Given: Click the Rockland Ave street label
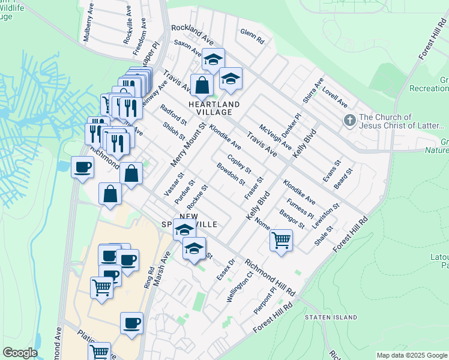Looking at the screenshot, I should click(x=193, y=33).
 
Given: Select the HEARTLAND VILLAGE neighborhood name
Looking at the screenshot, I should click(x=214, y=108).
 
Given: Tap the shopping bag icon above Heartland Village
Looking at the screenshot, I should click(x=202, y=85).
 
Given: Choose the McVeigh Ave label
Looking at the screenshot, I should click(x=276, y=137).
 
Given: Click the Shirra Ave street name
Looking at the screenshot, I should click(x=313, y=90).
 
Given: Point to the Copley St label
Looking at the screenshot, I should click(x=240, y=166).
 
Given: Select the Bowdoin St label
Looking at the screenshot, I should click(x=231, y=174).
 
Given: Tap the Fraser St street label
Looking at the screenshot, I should click(x=254, y=188).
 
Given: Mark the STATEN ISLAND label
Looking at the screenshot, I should click(x=331, y=317).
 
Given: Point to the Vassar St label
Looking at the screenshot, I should click(x=173, y=182).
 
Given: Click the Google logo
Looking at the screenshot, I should click(x=20, y=353).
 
